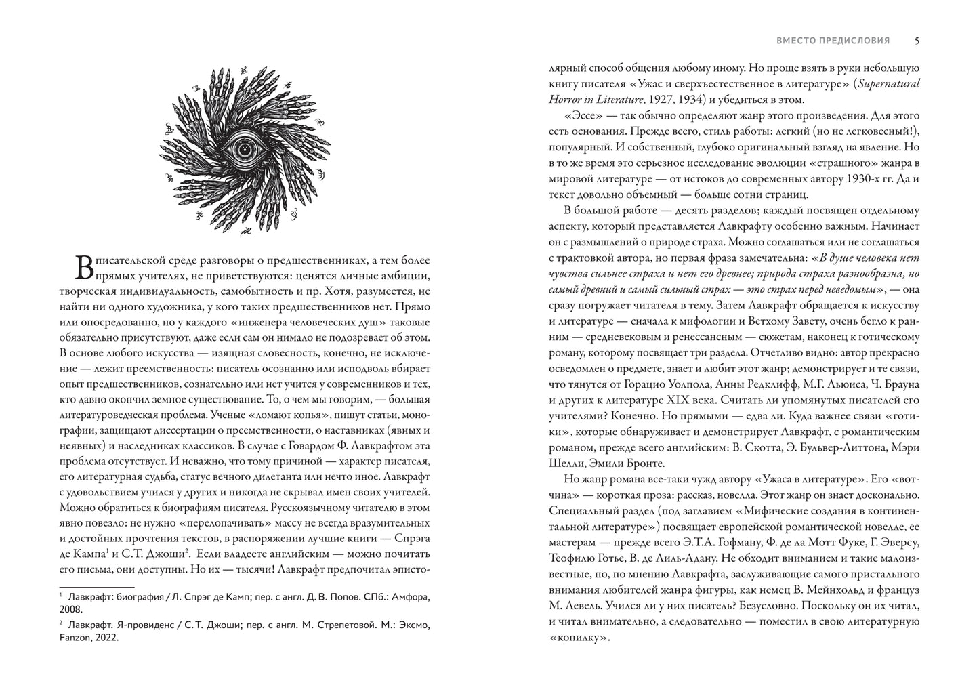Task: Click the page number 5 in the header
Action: pos(917,41)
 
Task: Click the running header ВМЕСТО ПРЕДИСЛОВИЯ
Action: pos(833,41)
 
